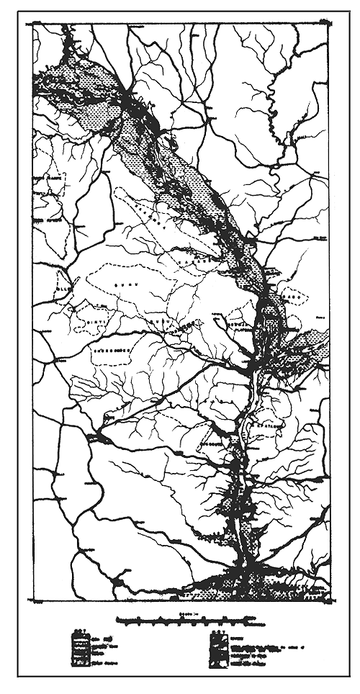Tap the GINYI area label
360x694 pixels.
96,313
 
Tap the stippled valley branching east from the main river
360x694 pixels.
302,353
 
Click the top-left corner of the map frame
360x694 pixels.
33,24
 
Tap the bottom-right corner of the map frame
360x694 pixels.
329,599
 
